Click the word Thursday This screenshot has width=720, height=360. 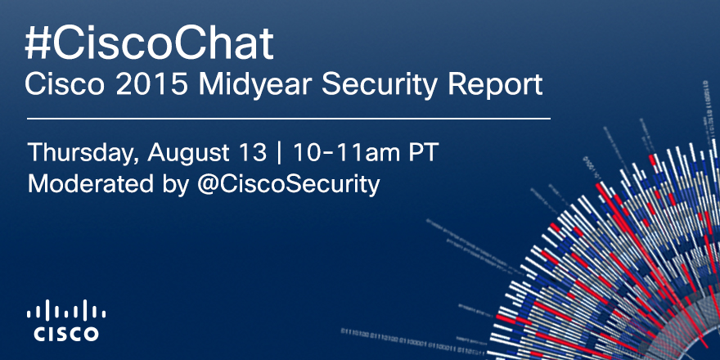coord(77,153)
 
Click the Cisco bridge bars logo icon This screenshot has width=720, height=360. coord(66,312)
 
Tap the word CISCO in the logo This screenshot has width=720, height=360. coord(66,334)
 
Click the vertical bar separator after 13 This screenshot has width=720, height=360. coord(281,153)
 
